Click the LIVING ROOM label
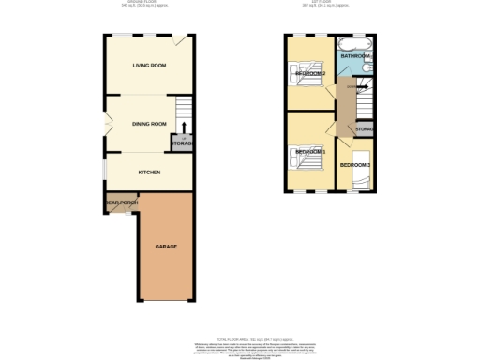tap(149, 65)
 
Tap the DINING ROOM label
tap(149, 123)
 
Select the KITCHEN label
tap(150, 172)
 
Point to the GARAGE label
tap(166, 246)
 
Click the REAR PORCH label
tap(121, 202)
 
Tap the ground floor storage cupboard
tap(181, 143)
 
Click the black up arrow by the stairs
tap(185, 127)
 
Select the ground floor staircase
tap(184, 108)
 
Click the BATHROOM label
tap(356, 57)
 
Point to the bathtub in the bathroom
tap(355, 45)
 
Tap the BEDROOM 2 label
tap(309, 73)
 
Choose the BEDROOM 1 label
tap(309, 152)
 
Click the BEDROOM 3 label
tap(355, 165)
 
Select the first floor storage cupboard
tap(365, 128)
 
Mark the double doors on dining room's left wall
tap(106, 124)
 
